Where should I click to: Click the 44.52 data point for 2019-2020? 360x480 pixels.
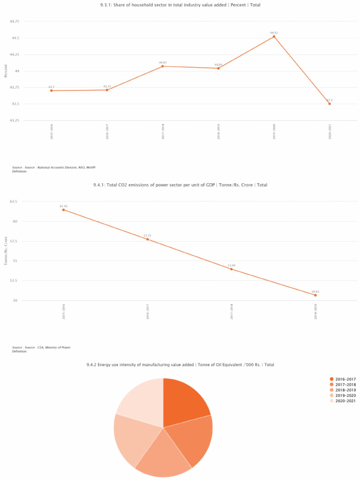(274, 37)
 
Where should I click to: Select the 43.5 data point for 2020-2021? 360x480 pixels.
(330, 104)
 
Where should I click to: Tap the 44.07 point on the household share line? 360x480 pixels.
(163, 66)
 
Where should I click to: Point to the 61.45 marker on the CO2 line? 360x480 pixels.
(63, 210)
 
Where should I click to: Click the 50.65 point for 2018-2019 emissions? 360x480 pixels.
(315, 295)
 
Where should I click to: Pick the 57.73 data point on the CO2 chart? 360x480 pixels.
(147, 239)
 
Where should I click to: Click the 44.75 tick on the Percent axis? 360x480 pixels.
(14, 22)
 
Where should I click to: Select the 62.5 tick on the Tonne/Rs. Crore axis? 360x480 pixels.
(13, 202)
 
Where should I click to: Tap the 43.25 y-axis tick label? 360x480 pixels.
(14, 120)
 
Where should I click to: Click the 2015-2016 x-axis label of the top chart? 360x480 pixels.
(52, 131)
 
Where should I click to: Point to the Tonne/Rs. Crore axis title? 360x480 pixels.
(6, 251)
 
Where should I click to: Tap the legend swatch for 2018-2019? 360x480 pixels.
(331, 390)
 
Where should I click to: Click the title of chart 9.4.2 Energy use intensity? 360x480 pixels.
(180, 365)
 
